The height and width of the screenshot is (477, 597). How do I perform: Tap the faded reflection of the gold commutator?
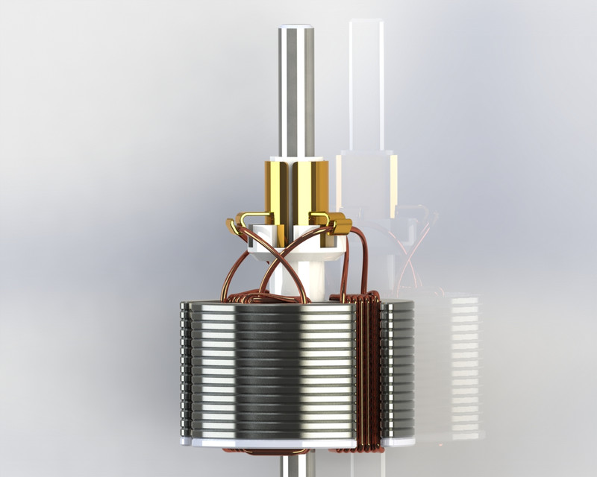[x=366, y=179]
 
